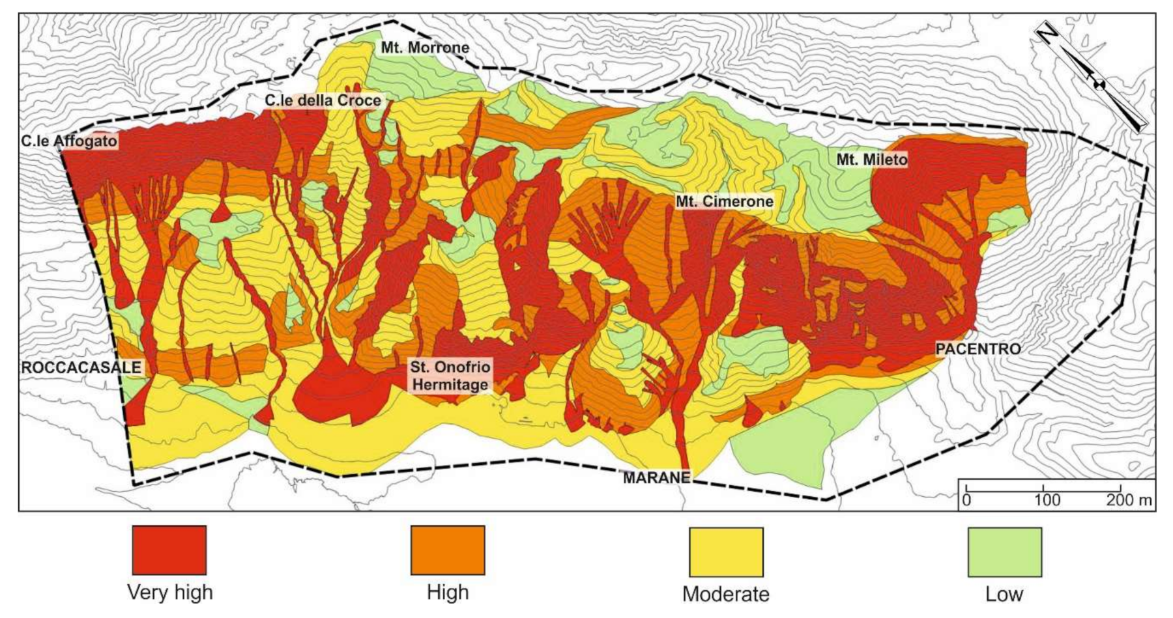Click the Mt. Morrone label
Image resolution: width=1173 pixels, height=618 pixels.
425,48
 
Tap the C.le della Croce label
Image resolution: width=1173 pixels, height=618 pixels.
323,100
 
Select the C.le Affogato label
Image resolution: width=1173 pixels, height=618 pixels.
68,141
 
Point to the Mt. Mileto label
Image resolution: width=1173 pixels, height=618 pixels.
872,160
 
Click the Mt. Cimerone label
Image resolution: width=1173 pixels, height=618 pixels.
724,201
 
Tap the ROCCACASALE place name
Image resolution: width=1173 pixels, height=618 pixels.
81,367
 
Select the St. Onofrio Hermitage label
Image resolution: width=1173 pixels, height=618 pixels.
450,376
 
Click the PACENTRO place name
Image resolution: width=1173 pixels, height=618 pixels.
977,349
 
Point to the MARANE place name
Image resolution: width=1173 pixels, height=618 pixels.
656,478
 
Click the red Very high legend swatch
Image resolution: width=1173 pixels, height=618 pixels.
169,550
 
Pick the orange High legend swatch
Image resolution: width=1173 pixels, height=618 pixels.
448,550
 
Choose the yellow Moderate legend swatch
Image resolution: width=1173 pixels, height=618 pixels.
726,552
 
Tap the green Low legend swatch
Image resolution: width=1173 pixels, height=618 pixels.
1004,552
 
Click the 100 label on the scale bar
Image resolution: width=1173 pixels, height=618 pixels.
1047,500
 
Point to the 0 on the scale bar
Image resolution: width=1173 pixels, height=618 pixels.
966,500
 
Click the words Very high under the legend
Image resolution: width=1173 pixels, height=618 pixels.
169,592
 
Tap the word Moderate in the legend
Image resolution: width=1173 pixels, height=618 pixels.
725,594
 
